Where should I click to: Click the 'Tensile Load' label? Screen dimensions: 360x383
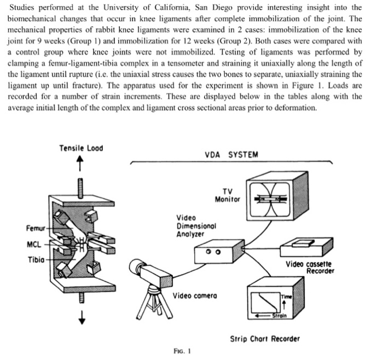(82, 148)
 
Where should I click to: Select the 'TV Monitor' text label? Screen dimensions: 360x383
(228, 195)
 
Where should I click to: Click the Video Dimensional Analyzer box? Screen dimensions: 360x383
(213, 254)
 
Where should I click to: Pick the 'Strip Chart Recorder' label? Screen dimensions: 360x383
(272, 339)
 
